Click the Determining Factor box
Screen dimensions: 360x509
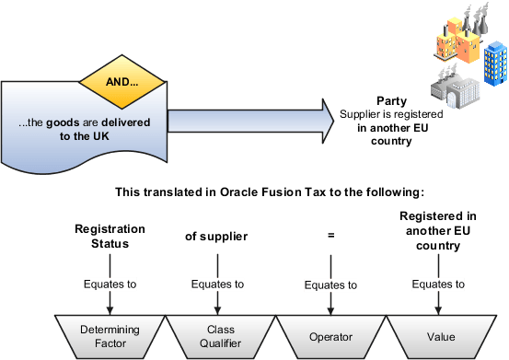click(x=109, y=331)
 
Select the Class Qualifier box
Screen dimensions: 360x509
click(x=218, y=331)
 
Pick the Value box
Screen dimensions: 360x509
click(x=438, y=331)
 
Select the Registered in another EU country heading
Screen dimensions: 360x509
click(x=437, y=230)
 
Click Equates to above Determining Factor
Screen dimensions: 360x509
click(x=110, y=285)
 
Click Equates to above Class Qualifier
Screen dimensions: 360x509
click(x=217, y=285)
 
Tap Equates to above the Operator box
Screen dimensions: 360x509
click(x=330, y=285)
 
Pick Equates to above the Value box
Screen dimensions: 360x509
click(x=438, y=285)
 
